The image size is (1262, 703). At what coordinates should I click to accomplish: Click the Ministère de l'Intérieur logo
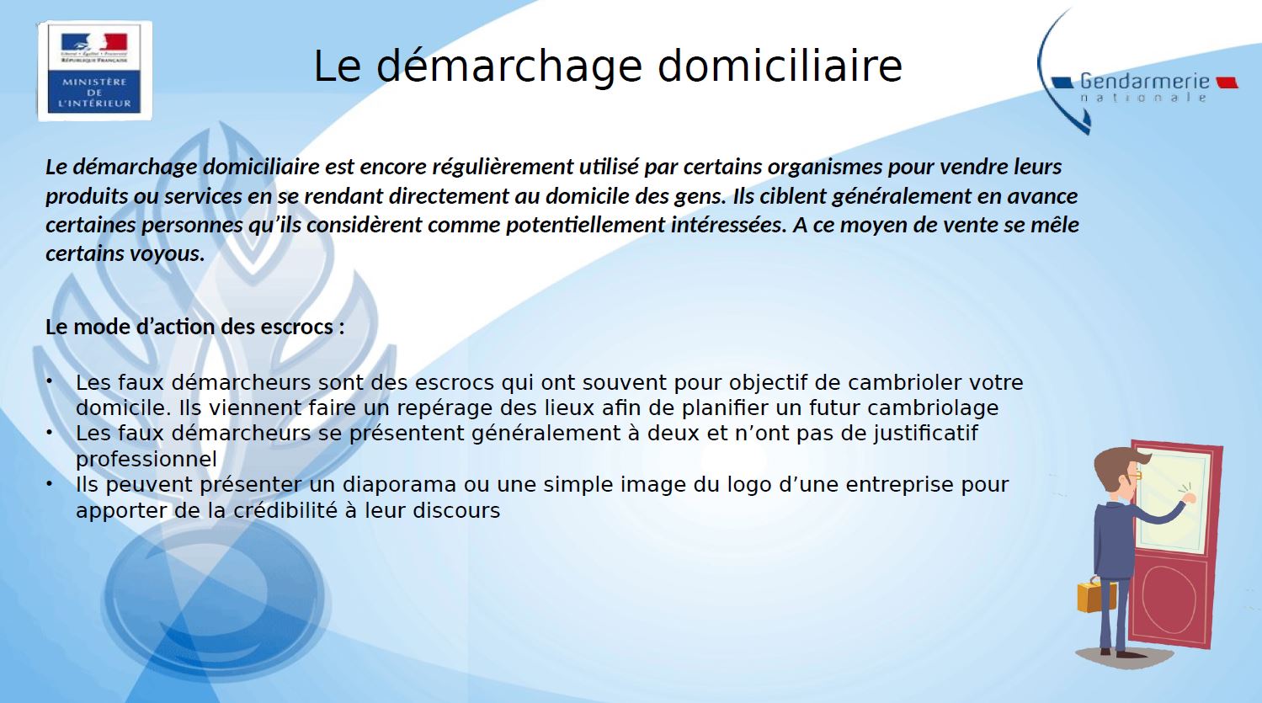(94, 71)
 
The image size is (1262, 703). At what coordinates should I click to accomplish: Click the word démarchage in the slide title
(509, 67)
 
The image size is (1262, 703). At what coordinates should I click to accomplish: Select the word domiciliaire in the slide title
(780, 66)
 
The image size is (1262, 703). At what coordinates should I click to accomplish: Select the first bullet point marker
(49, 381)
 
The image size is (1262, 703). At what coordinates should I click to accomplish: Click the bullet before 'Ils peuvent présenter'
(49, 483)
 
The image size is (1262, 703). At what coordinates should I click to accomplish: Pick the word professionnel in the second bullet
(146, 459)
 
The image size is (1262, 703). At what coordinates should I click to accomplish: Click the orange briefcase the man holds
(1096, 596)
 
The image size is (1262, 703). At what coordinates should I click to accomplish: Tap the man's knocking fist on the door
(1189, 498)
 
